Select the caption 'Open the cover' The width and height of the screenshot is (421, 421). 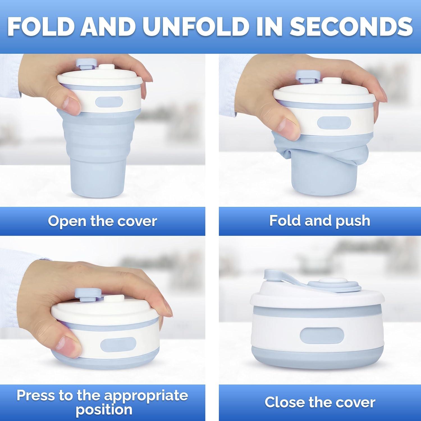102,221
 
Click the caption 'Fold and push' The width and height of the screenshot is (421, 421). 320,221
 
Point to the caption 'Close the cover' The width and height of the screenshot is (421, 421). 320,402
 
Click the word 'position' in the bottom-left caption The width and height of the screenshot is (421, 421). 104,409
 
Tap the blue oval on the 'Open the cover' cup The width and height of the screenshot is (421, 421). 109,102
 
